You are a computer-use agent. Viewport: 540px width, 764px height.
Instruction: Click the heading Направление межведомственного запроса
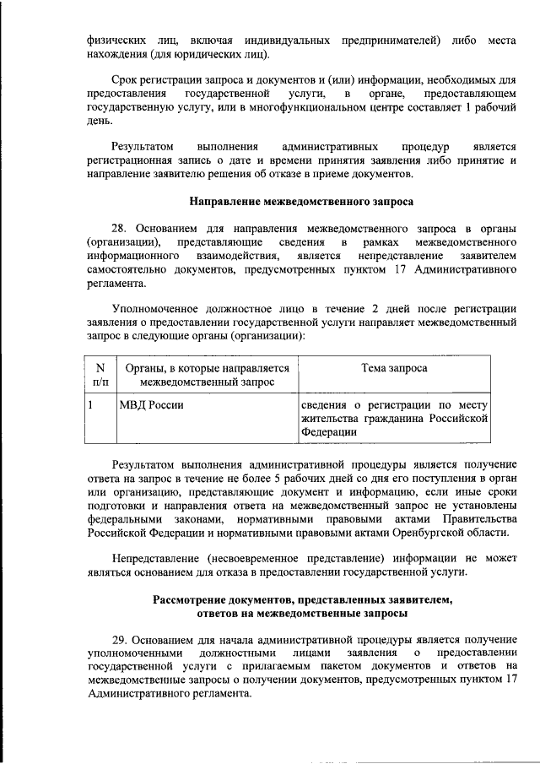[x=302, y=203]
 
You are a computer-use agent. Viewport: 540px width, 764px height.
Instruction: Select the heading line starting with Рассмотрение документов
[x=302, y=599]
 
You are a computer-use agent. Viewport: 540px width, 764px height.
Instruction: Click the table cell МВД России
[x=141, y=404]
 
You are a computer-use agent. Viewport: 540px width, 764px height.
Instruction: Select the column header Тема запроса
[x=394, y=368]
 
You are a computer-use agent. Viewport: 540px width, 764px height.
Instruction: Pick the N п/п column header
[x=100, y=375]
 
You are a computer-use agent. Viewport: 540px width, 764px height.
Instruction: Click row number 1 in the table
[x=91, y=404]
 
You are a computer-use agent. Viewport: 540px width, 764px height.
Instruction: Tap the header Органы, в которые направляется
[x=207, y=368]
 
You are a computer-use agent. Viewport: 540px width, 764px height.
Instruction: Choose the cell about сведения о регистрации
[x=394, y=418]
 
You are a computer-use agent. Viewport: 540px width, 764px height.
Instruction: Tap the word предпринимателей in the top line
[x=386, y=41]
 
